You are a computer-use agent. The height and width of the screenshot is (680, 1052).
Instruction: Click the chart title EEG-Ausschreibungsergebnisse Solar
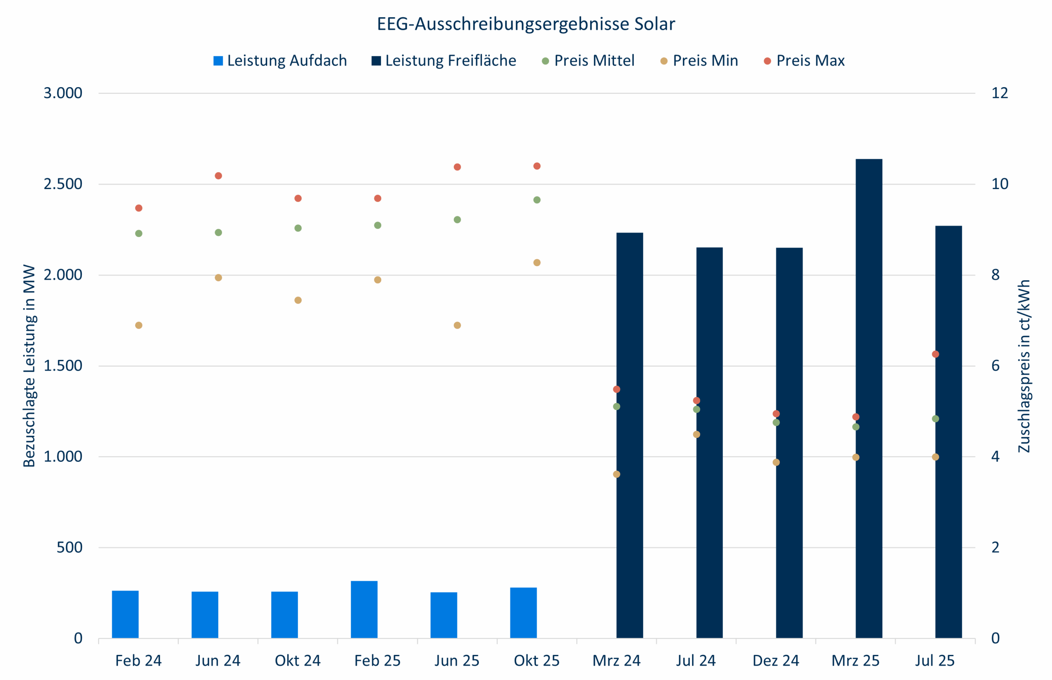tap(526, 24)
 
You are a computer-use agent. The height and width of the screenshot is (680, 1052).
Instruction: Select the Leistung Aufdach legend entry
tap(280, 60)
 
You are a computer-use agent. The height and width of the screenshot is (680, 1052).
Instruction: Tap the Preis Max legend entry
tap(804, 60)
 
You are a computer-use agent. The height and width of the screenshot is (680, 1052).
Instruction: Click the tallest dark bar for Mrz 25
tap(869, 397)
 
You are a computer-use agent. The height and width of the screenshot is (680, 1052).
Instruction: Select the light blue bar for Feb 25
tap(364, 609)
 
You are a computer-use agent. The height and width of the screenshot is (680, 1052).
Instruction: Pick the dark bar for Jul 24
tap(709, 442)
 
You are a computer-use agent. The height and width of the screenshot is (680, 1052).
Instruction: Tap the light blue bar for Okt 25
tap(524, 613)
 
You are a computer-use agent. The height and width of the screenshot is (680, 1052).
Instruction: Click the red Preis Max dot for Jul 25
tap(935, 354)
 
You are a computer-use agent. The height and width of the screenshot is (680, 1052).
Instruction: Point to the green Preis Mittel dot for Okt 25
tap(537, 200)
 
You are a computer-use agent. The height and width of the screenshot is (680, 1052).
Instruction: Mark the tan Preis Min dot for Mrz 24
tap(616, 474)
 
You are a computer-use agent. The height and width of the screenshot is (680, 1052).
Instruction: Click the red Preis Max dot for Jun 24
tap(218, 176)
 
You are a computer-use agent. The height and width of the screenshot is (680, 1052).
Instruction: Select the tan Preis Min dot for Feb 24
tap(138, 325)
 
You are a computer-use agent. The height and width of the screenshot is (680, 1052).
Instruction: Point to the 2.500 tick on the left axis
tap(63, 184)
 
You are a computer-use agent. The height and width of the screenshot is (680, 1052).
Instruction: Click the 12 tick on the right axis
tap(1000, 93)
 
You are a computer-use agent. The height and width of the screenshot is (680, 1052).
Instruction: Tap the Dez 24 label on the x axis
tap(776, 661)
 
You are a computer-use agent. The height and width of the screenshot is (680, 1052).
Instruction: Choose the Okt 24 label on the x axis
tap(298, 661)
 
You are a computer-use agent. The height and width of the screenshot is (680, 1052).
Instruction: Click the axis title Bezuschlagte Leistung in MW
tap(29, 366)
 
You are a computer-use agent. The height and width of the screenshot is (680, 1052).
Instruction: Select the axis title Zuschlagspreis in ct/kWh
tap(1024, 366)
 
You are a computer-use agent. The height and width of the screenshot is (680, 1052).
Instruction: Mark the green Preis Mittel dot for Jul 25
tap(935, 419)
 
